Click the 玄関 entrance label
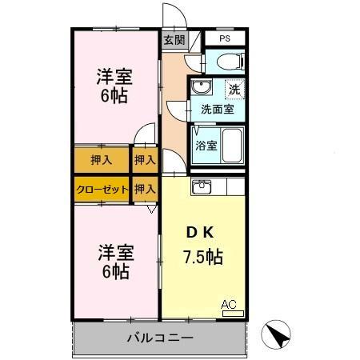[174, 39]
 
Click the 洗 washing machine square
[234, 90]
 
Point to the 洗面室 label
[218, 110]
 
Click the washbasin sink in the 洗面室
[202, 87]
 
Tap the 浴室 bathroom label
[206, 146]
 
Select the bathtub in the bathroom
[232, 145]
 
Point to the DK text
[200, 234]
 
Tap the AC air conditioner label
[229, 304]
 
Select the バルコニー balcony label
[159, 338]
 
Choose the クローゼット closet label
[102, 190]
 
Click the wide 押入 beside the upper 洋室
[101, 160]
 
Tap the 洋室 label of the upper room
[114, 78]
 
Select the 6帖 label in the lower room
[114, 272]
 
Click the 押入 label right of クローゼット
[145, 190]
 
